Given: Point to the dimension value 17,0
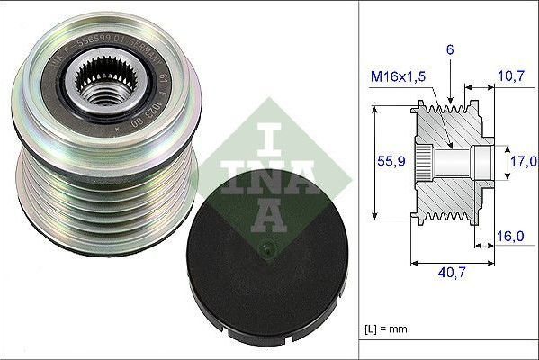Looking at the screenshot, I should click(522, 161).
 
